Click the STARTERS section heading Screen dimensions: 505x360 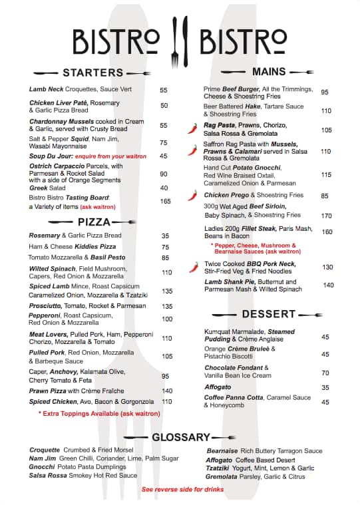tap(93, 73)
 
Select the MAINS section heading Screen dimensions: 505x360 tap(269, 71)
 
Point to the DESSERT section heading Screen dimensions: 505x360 tap(269, 313)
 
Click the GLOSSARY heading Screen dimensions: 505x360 tap(181, 437)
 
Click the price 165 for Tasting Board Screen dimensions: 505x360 tap(165, 201)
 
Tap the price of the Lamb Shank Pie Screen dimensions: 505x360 tap(328, 285)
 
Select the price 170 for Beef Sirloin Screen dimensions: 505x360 tap(326, 216)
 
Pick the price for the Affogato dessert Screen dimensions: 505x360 tap(325, 387)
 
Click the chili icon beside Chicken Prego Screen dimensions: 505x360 tap(193, 196)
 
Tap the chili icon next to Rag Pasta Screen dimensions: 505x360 tap(193, 126)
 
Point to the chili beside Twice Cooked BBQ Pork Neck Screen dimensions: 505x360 tap(193, 267)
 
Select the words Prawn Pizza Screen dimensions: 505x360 tap(47, 391)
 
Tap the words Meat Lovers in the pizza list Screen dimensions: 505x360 tap(49, 334)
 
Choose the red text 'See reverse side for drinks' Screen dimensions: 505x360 tap(182, 490)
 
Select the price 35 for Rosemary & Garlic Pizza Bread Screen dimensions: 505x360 tap(165, 236)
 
